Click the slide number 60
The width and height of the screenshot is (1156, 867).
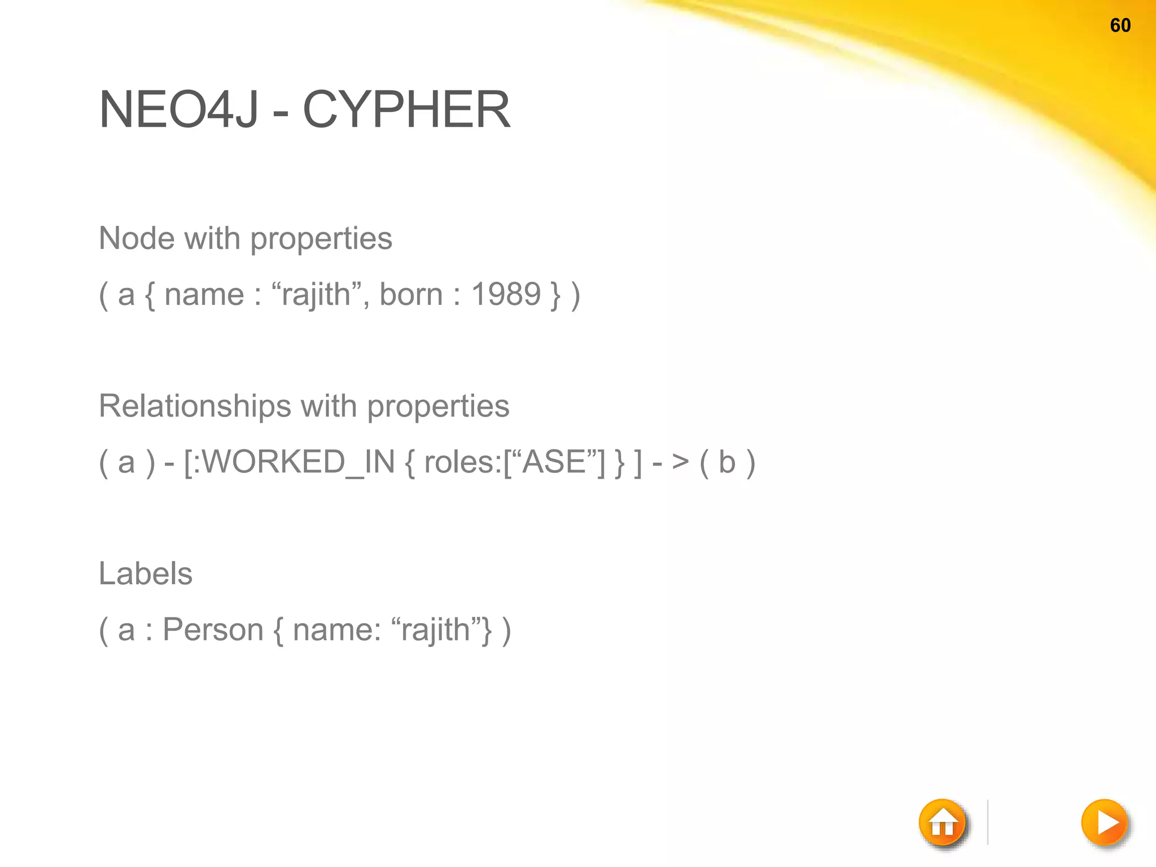click(x=1120, y=25)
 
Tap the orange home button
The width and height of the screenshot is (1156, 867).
click(x=943, y=823)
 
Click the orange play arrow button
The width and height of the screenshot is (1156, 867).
click(x=1105, y=822)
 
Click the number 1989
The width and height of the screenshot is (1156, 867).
click(x=506, y=295)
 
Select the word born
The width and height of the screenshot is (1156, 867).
click(x=411, y=295)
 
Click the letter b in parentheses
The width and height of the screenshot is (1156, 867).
click(x=727, y=462)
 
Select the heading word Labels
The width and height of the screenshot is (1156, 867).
click(x=146, y=573)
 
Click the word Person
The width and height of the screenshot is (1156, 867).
click(x=213, y=629)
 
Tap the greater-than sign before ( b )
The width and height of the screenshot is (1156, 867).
click(x=680, y=462)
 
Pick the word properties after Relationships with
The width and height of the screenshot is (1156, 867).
click(x=438, y=407)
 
